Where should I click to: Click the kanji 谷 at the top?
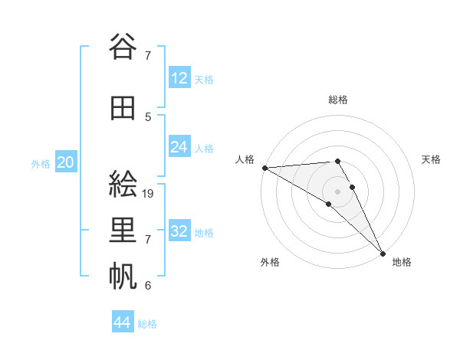[123, 47]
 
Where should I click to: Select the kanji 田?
[123, 109]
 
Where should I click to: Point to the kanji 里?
[123, 231]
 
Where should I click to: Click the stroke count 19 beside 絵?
[149, 194]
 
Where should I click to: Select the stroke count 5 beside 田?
[148, 116]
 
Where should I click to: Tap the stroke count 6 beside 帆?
[148, 286]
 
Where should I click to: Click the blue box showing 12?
[179, 77]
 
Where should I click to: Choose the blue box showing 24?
[179, 146]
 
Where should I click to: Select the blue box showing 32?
[179, 231]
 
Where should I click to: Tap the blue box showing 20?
[66, 162]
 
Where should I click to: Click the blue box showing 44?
[123, 322]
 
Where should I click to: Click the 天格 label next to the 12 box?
[204, 79]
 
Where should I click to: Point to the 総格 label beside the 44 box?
[147, 324]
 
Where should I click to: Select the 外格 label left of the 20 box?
[41, 163]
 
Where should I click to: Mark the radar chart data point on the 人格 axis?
[264, 168]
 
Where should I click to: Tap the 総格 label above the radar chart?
[338, 100]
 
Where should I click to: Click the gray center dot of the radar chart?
[337, 191]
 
